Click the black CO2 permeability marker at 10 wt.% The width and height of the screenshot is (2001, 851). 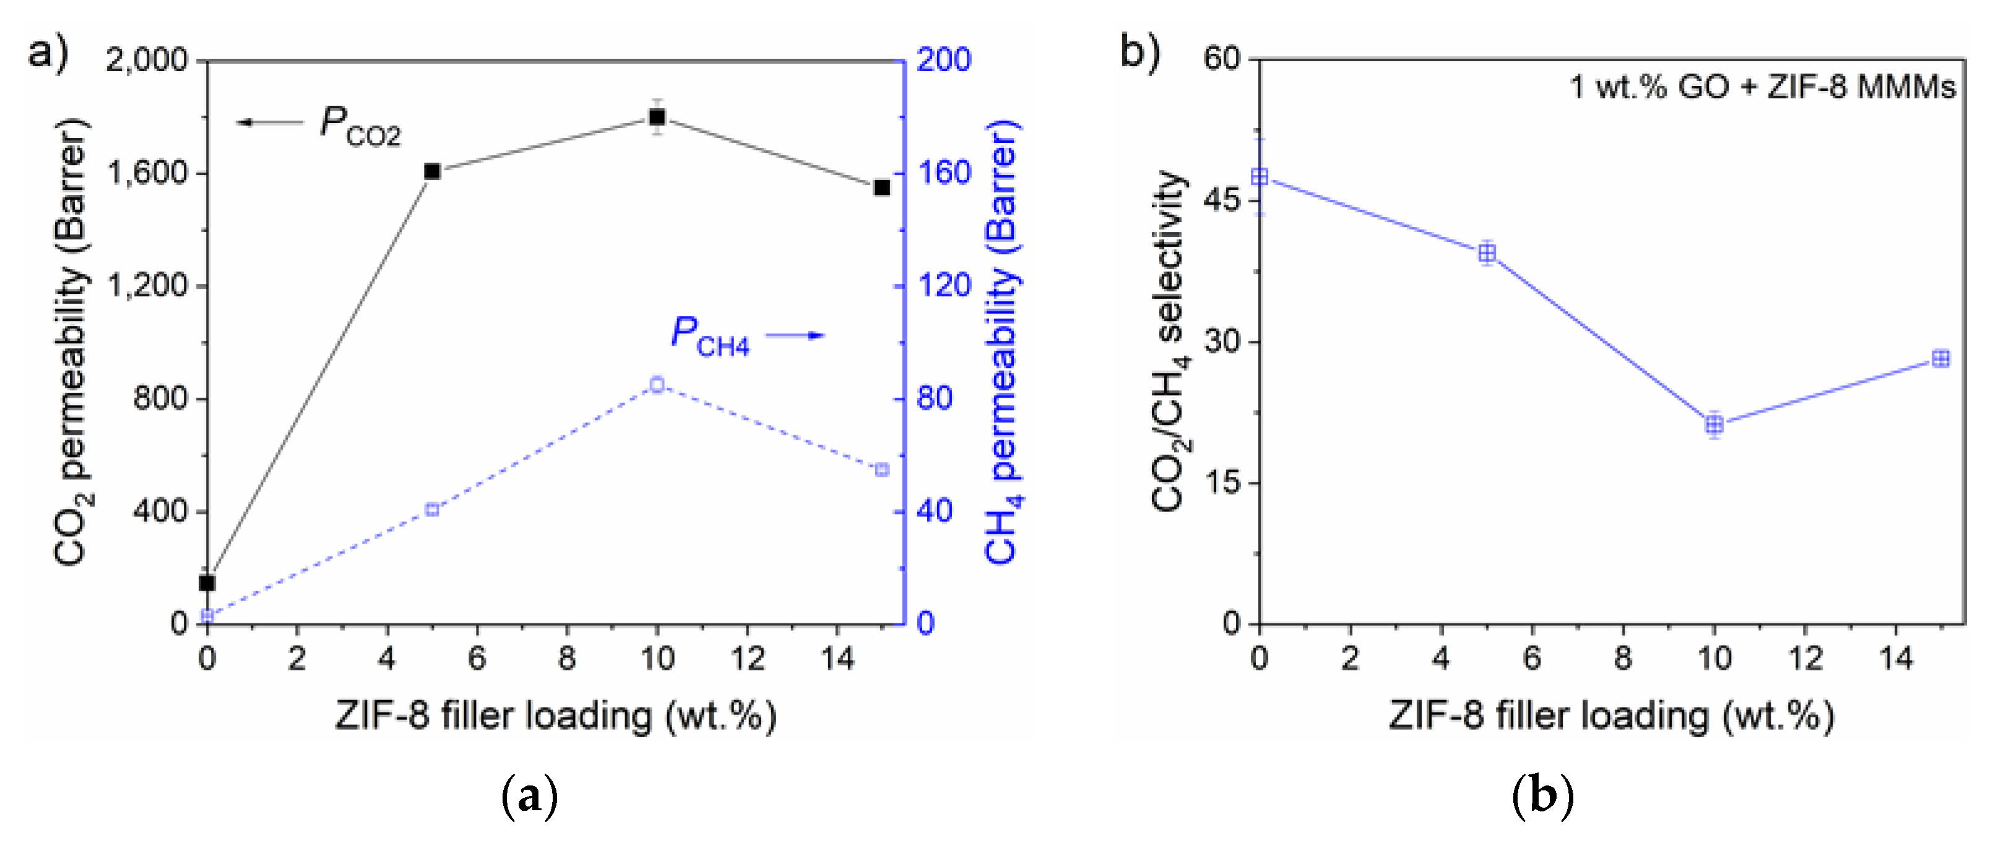tap(657, 118)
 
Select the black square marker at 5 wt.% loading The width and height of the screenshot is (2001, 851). tap(432, 171)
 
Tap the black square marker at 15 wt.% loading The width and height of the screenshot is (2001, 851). tap(881, 187)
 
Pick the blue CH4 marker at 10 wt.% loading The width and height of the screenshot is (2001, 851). tap(657, 384)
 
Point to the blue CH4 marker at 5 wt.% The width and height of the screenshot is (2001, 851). tap(432, 510)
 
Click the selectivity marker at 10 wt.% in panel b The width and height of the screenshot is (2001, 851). tap(1714, 424)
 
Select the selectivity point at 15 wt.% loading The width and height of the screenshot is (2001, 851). tap(1940, 358)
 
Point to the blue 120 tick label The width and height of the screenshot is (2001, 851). tap(944, 286)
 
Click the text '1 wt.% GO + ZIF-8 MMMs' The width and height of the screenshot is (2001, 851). tap(1761, 87)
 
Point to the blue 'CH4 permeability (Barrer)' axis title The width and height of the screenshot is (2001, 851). tap(1002, 341)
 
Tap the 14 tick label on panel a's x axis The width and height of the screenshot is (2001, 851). tap(837, 659)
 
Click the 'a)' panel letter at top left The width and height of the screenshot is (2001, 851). tap(48, 53)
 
